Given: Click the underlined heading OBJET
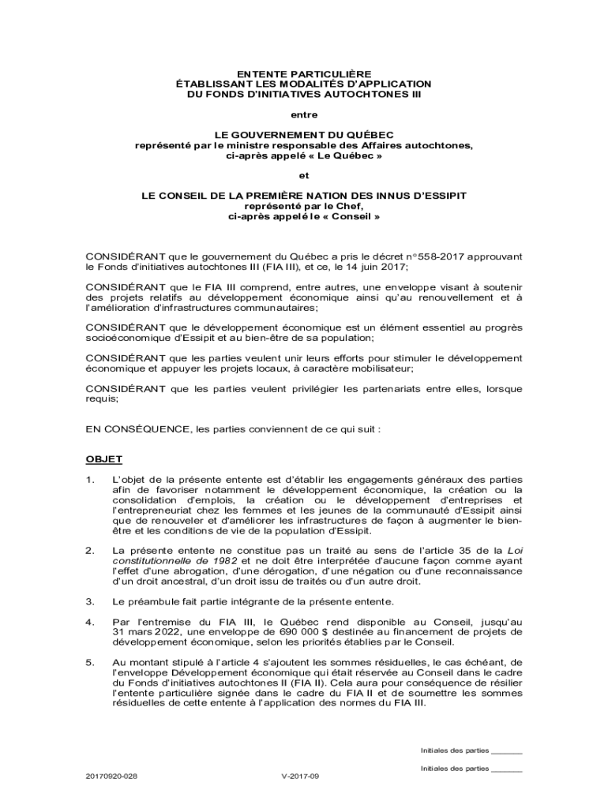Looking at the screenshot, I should (103, 459).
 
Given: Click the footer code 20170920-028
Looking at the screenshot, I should (111, 776).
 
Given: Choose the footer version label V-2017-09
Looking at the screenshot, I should (300, 776).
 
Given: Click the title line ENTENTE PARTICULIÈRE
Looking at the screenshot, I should (304, 73).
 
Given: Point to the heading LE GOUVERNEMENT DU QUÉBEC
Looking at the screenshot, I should (304, 135).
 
